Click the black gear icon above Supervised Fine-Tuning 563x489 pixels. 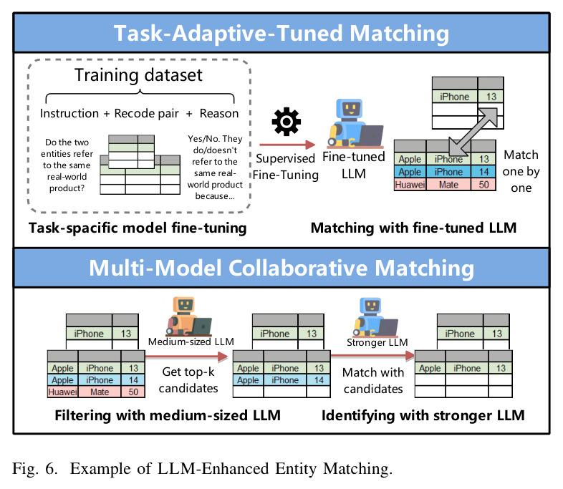(287, 122)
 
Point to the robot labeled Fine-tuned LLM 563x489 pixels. (355, 124)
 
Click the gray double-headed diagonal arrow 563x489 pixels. (473, 132)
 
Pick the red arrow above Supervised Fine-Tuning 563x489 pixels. (287, 145)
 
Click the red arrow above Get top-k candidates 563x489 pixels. (187, 357)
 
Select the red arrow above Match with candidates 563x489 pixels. (372, 356)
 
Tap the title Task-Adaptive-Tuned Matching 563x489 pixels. (281, 34)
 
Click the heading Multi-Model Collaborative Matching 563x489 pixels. (281, 268)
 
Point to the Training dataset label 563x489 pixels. (138, 75)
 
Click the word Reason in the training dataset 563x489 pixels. (219, 113)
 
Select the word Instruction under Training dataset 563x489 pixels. (69, 113)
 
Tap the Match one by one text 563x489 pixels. (521, 172)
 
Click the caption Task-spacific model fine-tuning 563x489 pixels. (138, 228)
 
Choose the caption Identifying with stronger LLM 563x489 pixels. (423, 415)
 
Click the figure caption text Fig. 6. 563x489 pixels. (35, 468)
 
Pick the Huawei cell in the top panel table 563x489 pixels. (410, 185)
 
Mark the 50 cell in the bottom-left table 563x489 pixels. (133, 392)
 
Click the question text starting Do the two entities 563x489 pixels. (67, 165)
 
